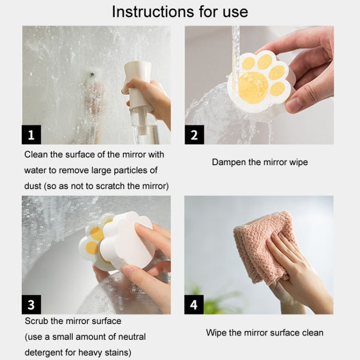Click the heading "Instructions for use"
pyautogui.click(x=180, y=12)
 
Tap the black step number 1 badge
pyautogui.click(x=31, y=135)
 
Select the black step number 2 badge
pyautogui.click(x=194, y=135)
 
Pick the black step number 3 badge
pyautogui.click(x=31, y=305)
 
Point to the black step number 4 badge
pyautogui.click(x=194, y=305)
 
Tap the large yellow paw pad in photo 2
pyautogui.click(x=253, y=87)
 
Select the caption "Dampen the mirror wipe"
pyautogui.click(x=260, y=162)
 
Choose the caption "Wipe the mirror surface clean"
pyautogui.click(x=264, y=332)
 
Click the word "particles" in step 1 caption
pyautogui.click(x=133, y=170)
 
